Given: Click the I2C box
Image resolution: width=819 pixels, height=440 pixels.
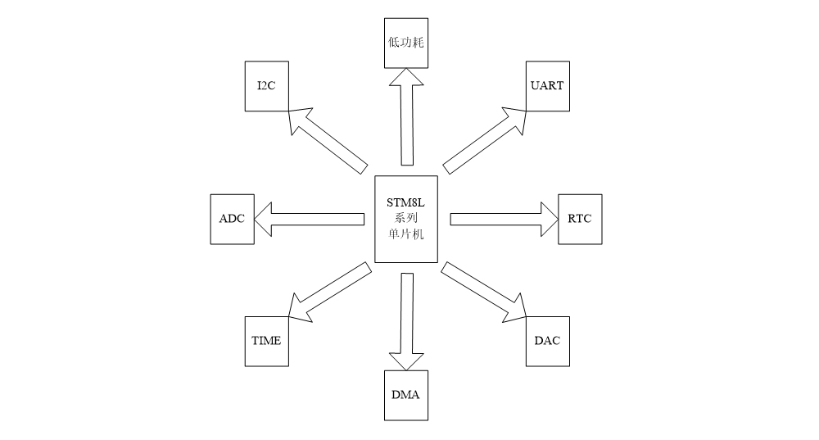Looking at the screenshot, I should click(267, 85).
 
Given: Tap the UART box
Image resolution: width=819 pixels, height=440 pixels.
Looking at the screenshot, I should click(548, 85).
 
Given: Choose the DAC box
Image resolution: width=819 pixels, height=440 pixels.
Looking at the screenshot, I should click(547, 340).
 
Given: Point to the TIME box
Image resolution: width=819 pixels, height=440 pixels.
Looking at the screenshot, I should click(266, 340).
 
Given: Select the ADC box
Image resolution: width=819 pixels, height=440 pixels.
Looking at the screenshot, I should click(233, 219).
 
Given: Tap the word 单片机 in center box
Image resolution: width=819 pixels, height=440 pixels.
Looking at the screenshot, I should click(406, 234).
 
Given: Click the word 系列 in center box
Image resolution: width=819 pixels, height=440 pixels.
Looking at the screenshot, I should click(406, 219).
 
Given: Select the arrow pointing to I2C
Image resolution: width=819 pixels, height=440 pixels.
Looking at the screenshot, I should click(328, 139).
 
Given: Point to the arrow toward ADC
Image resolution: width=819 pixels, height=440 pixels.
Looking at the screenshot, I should click(311, 219).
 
